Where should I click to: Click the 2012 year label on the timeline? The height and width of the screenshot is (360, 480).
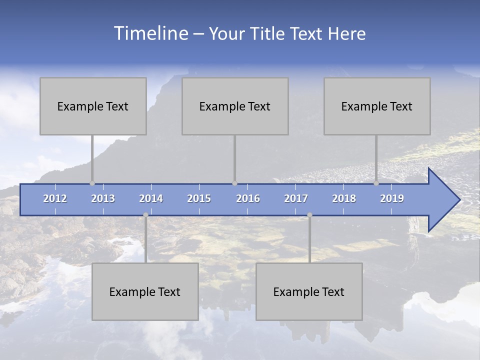[55, 198]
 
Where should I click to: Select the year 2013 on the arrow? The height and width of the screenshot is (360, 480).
[103, 198]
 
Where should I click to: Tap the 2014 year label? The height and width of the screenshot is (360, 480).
[151, 198]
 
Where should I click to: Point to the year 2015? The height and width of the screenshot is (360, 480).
[199, 198]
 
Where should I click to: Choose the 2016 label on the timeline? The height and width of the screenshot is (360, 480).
[248, 198]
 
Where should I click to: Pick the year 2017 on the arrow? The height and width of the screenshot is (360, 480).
[296, 198]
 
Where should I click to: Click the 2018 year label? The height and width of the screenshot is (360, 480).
[344, 198]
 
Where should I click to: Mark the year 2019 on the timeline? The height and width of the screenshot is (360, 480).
[392, 198]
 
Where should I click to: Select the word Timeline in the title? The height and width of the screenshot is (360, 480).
[150, 33]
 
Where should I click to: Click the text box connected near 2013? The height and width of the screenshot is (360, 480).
[93, 106]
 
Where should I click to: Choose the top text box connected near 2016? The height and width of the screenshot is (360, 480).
[235, 106]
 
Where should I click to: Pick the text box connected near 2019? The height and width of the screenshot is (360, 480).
[377, 106]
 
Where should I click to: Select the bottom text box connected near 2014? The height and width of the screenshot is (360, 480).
[145, 291]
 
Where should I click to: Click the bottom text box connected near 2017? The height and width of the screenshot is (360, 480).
[309, 291]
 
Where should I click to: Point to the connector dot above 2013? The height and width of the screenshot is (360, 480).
[92, 183]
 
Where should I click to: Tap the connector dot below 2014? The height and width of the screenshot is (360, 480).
[145, 215]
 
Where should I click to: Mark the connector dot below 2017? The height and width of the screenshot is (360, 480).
[309, 215]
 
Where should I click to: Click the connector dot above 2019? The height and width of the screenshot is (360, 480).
[376, 183]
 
